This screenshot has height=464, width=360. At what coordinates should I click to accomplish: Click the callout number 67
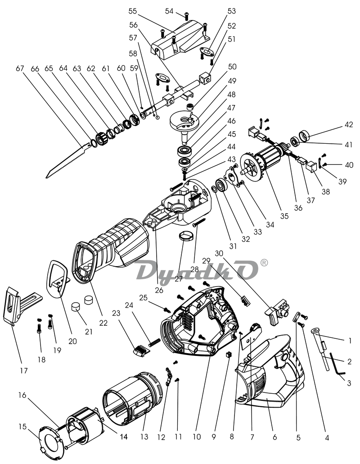(20, 68)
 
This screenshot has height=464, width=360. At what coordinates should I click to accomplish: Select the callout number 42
(349, 125)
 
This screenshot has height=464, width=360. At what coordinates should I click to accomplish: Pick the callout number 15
(22, 427)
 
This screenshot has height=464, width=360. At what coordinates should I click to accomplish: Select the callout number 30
(219, 254)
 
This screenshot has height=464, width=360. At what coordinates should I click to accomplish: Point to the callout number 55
(133, 11)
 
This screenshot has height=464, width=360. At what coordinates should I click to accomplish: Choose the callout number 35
(284, 216)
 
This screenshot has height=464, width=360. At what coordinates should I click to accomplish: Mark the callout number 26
(159, 290)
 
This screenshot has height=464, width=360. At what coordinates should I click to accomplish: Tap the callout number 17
(24, 370)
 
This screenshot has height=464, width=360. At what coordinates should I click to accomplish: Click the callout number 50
(232, 67)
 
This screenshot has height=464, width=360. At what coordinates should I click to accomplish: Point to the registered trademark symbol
(264, 263)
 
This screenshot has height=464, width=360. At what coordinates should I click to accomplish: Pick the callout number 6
(274, 437)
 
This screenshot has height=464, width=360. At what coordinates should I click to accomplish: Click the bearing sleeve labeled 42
(305, 136)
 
